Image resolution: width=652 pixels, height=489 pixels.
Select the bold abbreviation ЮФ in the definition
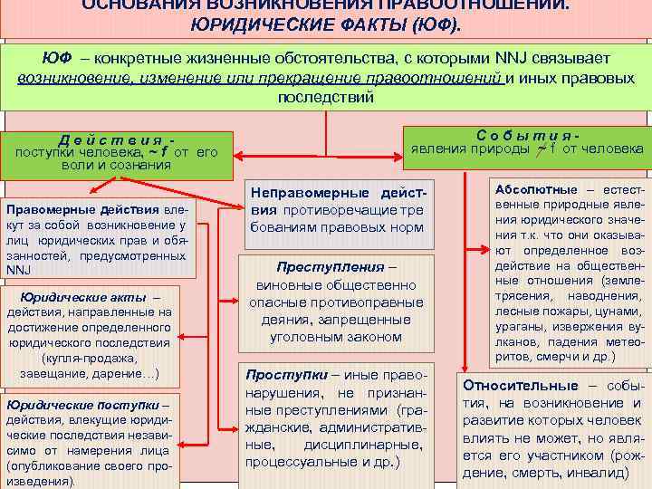click(55, 59)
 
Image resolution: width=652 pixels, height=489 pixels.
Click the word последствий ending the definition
click(325, 98)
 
